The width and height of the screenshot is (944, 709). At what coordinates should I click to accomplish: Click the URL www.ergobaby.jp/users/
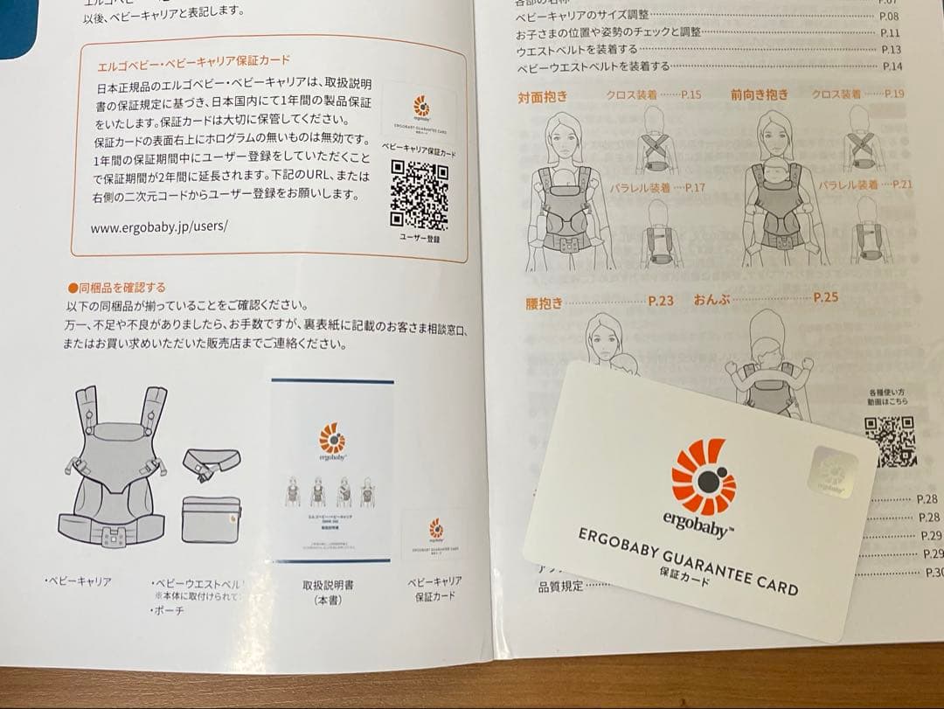(x=158, y=226)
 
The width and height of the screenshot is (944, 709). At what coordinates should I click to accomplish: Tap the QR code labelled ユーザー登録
(x=419, y=194)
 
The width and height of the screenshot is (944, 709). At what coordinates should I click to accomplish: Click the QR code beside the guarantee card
(x=890, y=441)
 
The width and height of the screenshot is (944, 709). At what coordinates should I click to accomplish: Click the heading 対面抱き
(x=543, y=97)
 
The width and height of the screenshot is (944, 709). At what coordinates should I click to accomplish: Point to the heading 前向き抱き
(x=759, y=95)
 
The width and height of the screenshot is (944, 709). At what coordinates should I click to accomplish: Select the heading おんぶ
(x=711, y=299)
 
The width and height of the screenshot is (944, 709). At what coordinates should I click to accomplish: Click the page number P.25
(x=825, y=297)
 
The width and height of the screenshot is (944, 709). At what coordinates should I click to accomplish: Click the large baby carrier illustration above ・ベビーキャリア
(x=117, y=473)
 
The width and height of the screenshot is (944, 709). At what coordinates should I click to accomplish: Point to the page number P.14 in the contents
(x=892, y=66)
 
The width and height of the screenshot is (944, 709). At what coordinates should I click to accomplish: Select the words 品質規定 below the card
(x=560, y=587)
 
